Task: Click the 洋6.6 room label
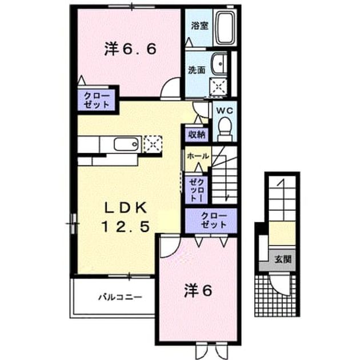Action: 130,49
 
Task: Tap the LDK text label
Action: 126,208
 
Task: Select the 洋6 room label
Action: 198,291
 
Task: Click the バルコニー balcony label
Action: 121,298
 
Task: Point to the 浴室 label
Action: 200,26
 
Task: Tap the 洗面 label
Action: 197,70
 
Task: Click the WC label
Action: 225,111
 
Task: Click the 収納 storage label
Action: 197,135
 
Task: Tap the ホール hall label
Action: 198,157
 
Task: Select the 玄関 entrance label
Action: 283,259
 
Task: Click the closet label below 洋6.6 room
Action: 96,101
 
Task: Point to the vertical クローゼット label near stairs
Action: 197,190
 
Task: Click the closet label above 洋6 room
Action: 214,221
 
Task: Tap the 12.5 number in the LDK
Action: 126,226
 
